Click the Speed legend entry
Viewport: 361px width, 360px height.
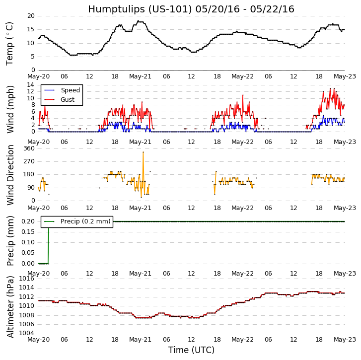(70, 90)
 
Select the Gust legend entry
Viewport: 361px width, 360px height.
(68, 100)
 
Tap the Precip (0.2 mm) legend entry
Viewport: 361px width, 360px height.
(85, 221)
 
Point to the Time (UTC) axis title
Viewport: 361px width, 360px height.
(191, 350)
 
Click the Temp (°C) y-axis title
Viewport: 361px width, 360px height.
(10, 43)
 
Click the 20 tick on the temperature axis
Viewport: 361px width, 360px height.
(31, 16)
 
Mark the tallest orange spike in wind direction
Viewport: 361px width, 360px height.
(143, 152)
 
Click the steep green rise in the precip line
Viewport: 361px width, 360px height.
(48, 242)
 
